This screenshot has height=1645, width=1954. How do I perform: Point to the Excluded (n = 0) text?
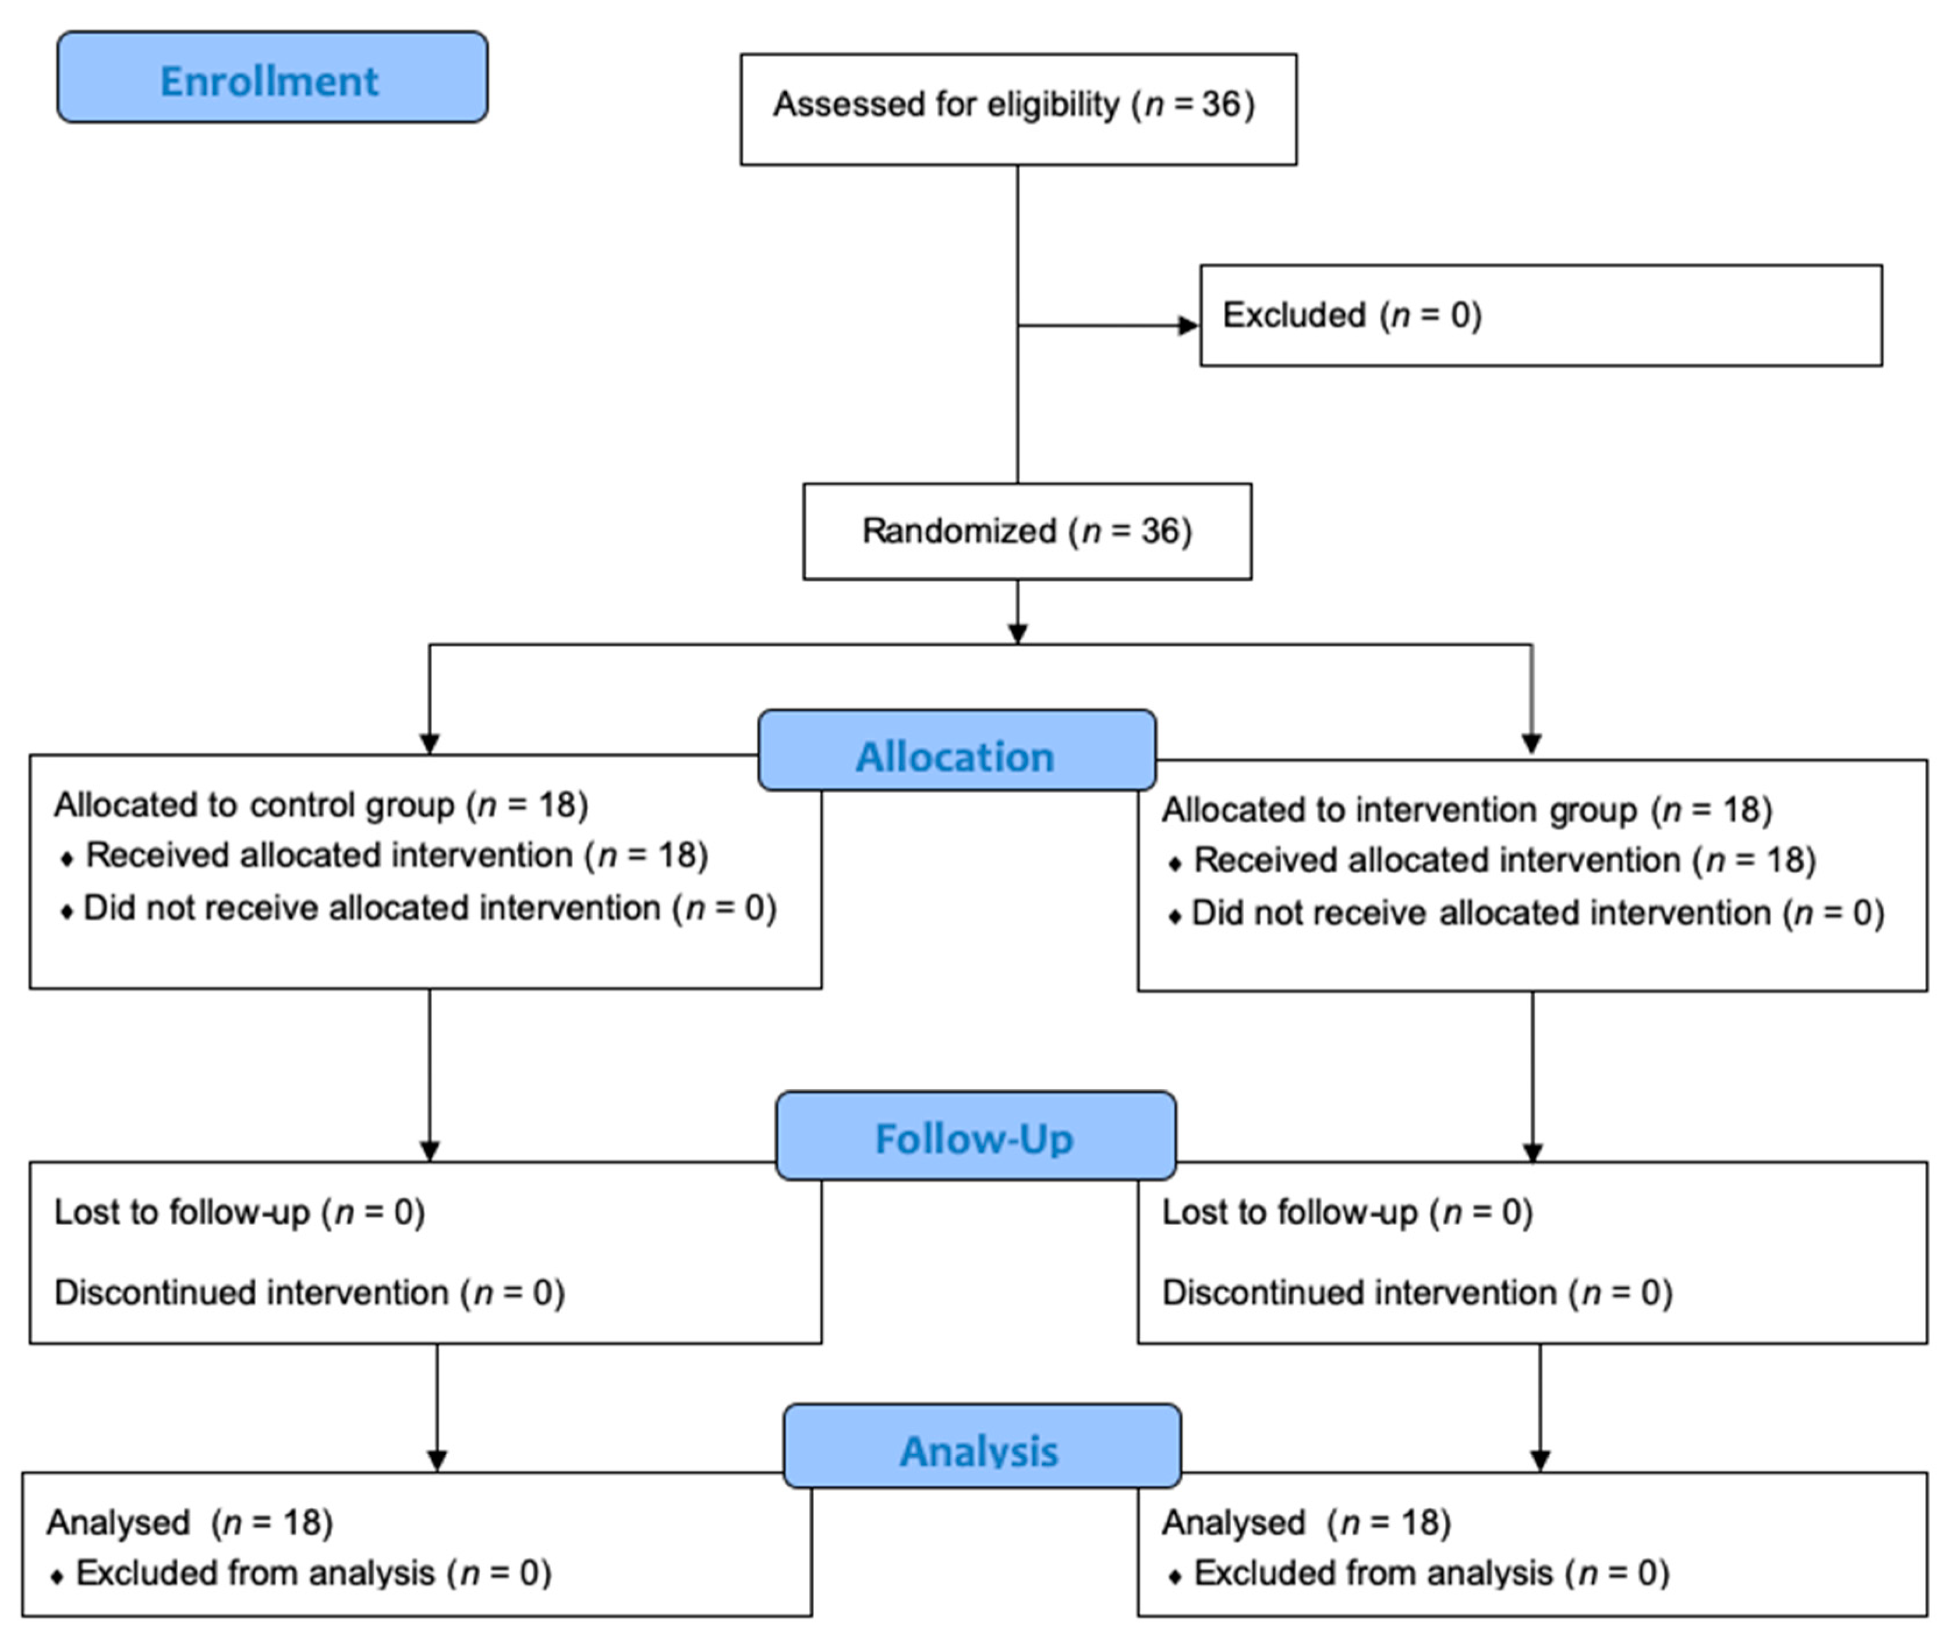(x=1352, y=315)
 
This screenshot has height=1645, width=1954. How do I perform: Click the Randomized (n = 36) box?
(x=1026, y=531)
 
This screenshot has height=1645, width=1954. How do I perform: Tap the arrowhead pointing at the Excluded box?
(x=1188, y=326)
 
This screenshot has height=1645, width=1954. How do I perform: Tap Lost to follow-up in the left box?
(x=239, y=1212)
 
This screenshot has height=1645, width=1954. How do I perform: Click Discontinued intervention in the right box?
(x=1417, y=1293)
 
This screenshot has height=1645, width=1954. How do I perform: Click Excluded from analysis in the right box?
(x=1431, y=1573)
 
